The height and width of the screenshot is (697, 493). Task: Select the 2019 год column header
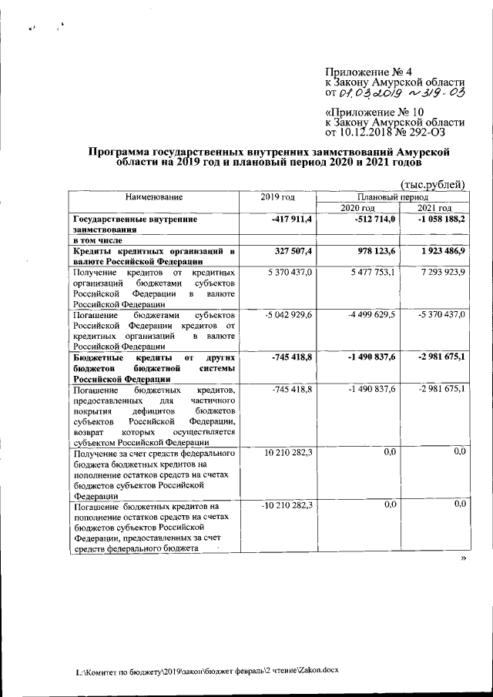click(x=279, y=198)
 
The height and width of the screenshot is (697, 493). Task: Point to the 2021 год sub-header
click(x=434, y=209)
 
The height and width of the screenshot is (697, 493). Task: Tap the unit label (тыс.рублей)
click(x=434, y=183)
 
